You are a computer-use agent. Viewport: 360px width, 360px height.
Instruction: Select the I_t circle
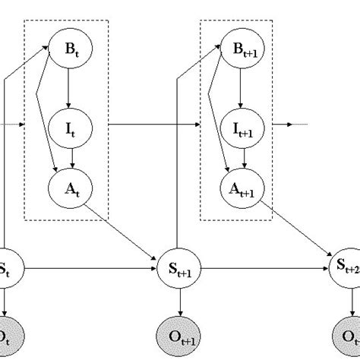click(69, 127)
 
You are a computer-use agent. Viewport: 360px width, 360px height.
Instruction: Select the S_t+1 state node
click(180, 268)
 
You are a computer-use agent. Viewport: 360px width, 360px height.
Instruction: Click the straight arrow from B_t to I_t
click(69, 87)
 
